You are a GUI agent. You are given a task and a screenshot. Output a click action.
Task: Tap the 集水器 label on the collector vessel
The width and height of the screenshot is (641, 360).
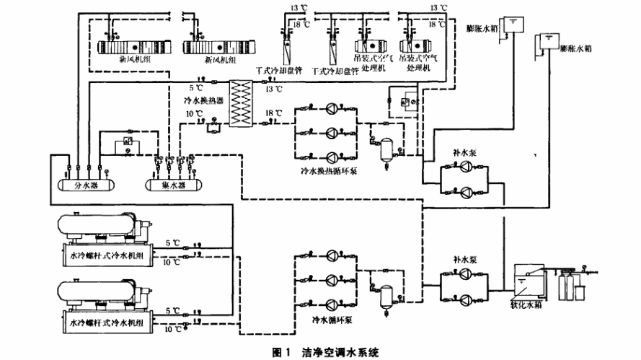coord(172,185)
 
